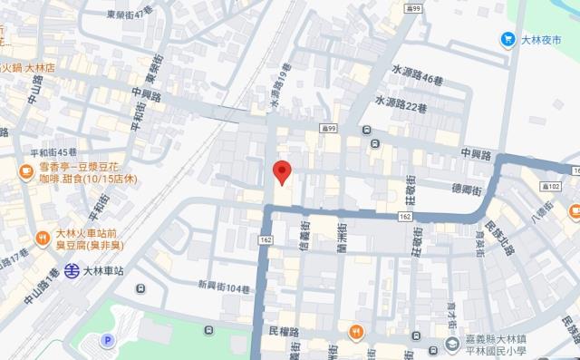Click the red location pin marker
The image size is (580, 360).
(282, 170)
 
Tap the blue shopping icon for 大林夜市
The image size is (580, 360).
(508, 39)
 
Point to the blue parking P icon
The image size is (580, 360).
(108, 341)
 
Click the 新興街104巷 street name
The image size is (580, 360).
(224, 287)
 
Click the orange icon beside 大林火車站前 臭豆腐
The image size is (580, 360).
(42, 238)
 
